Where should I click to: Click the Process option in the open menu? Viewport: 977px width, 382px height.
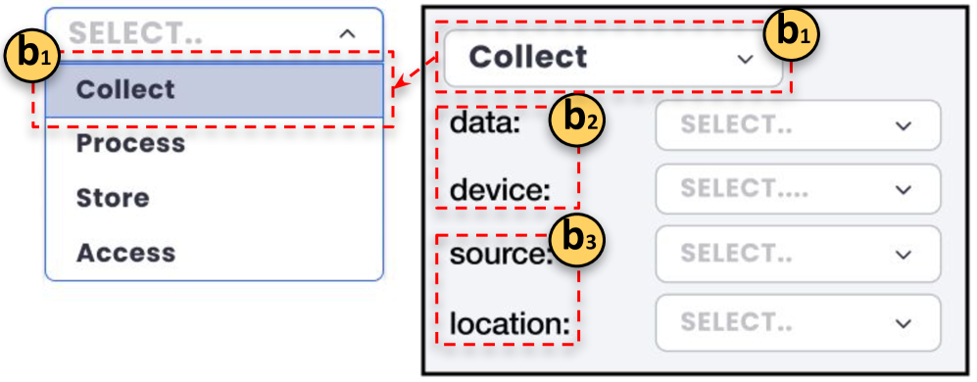tap(130, 143)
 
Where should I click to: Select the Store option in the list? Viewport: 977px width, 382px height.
tap(113, 198)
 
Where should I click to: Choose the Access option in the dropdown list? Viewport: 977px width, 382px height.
tap(125, 253)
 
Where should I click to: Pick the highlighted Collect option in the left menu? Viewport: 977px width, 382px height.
tap(125, 89)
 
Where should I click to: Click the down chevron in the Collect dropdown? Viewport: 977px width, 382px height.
tap(745, 59)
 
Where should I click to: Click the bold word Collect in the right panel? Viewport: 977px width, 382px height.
tap(528, 57)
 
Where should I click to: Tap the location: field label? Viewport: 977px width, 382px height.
tap(510, 321)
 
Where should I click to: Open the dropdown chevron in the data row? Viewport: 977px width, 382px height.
tap(904, 125)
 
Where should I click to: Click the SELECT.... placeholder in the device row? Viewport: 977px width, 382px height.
tap(745, 189)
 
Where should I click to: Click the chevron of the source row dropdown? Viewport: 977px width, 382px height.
tap(904, 254)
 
